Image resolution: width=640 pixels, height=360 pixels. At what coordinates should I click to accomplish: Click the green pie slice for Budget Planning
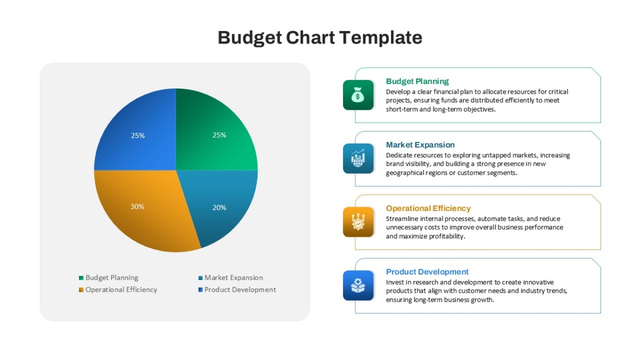211,134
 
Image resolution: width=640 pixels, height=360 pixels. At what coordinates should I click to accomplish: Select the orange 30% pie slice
143,209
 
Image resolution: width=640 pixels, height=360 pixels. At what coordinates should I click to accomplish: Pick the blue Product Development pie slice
140,134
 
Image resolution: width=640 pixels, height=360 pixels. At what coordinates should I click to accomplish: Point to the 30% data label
138,206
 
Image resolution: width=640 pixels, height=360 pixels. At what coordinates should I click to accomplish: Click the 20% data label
219,207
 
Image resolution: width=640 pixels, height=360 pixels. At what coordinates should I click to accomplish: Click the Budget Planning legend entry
109,278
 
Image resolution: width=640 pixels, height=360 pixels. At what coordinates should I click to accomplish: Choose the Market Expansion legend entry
230,278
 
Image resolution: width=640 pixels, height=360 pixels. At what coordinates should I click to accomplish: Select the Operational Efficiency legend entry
118,290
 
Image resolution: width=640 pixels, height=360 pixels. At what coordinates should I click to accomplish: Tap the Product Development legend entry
237,290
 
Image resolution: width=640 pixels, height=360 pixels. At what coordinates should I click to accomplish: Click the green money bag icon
358,95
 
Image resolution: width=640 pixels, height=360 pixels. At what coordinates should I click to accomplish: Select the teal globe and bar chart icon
358,158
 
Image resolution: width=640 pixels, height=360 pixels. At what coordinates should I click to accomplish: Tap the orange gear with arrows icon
358,222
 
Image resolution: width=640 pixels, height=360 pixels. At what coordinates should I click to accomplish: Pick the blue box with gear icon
358,285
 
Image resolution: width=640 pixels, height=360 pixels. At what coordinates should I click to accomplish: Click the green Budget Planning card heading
418,82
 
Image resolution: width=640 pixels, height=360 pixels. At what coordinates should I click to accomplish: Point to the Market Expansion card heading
420,145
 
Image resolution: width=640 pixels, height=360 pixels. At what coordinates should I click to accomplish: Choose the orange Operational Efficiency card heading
428,209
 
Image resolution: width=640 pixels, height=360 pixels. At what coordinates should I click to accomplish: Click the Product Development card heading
427,271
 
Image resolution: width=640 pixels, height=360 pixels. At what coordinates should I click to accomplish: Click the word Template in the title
381,38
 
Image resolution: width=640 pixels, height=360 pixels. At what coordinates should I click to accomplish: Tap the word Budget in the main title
250,38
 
